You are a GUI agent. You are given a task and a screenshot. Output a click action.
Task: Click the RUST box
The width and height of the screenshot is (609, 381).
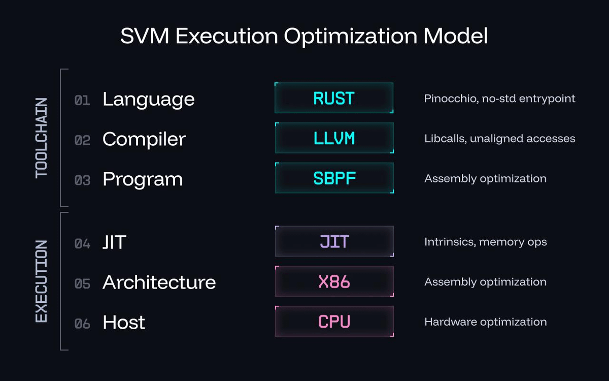pos(334,98)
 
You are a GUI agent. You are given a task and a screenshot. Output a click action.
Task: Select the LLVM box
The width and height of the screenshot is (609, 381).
pos(334,138)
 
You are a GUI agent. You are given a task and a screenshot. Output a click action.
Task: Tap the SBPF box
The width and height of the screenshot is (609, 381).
pos(334,178)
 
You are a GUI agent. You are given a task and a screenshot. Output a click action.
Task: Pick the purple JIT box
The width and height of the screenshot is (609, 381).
pos(334,241)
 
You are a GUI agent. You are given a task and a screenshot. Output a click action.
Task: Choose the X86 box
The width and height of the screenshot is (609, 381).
pos(334,281)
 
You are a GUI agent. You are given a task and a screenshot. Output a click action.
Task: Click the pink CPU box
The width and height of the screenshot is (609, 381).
pos(334,322)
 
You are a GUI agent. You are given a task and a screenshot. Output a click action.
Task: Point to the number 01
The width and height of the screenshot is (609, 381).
pos(82,100)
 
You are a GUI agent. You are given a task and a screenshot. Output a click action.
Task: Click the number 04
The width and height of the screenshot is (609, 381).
pos(82,243)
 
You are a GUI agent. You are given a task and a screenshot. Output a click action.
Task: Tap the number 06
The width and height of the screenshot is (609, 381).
pos(82,324)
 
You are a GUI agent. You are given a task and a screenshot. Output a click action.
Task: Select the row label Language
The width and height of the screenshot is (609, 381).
pos(148,100)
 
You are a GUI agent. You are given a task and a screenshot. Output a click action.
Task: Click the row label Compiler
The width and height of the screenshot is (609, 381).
pos(144,139)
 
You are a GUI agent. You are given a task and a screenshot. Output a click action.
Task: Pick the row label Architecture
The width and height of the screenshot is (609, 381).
pos(159,282)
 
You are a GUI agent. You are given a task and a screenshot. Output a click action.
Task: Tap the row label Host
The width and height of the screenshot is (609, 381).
pos(124,322)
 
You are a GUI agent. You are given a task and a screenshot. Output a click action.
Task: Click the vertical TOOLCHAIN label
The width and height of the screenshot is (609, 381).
pos(41,138)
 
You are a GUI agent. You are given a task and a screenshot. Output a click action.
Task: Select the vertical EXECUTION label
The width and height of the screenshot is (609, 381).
pos(41,281)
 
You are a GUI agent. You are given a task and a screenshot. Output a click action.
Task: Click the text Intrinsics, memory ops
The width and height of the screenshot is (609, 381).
pos(485,242)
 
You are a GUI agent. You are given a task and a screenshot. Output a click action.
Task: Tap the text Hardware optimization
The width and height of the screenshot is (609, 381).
pos(485,322)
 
